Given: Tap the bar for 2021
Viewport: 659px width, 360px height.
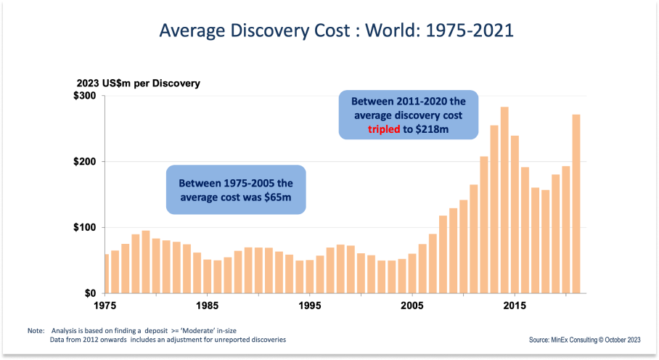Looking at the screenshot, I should (576, 204).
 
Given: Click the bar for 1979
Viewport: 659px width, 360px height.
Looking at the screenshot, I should (146, 262).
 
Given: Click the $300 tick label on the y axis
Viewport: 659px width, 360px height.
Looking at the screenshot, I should (84, 96).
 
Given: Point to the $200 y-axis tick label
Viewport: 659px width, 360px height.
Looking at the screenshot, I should (84, 162).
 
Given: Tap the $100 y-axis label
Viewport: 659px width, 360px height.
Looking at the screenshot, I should (84, 228).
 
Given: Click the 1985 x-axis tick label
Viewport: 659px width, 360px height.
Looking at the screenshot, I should (208, 305).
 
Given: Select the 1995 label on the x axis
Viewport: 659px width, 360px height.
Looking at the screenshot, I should (310, 305).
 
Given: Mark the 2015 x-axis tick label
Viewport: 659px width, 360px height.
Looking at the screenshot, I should (515, 305).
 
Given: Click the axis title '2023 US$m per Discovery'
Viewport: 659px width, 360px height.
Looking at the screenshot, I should (139, 83).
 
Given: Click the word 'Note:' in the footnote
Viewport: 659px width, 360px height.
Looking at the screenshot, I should (36, 330).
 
